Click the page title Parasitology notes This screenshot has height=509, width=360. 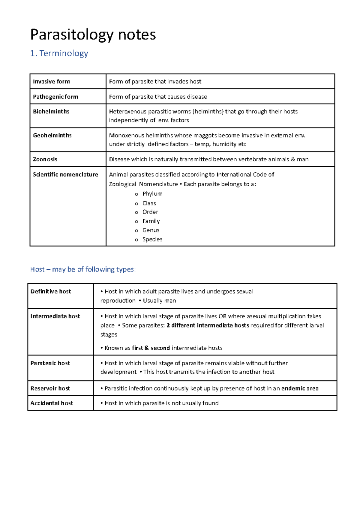[93, 35]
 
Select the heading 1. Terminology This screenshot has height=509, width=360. [59, 53]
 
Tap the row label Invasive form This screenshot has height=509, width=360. [51, 82]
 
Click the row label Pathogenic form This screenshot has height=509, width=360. [55, 97]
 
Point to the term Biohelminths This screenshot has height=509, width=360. [51, 112]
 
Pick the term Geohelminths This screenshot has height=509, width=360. [52, 135]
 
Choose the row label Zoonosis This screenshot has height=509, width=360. [45, 159]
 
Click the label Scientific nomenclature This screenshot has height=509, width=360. [65, 175]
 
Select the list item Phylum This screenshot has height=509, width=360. [152, 194]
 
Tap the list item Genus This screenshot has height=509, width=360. [151, 230]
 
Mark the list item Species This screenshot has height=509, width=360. [152, 239]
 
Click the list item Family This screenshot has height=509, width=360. [151, 221]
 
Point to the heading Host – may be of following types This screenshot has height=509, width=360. [83, 269]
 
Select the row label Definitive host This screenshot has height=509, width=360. [51, 292]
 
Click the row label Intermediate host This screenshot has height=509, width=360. [55, 316]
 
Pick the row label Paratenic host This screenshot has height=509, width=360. [50, 363]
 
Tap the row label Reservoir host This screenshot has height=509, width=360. [50, 388]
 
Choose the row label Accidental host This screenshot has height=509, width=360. [52, 403]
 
